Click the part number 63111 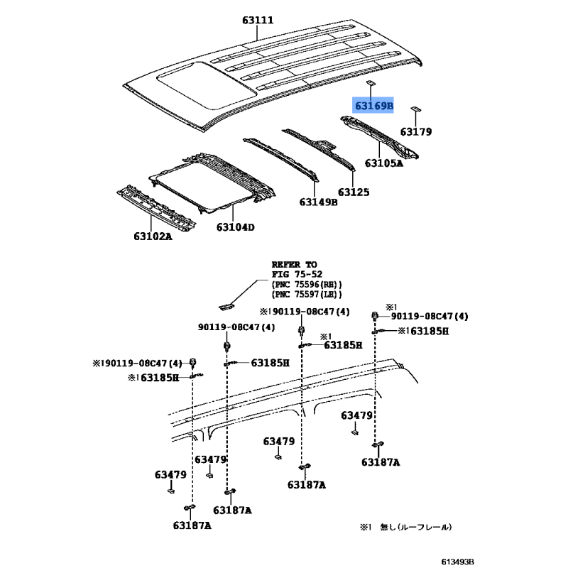258,21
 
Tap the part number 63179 415,131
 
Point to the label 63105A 383,163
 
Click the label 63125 354,192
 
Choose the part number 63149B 318,202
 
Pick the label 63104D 236,227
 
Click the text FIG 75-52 297,273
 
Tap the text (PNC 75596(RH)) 307,284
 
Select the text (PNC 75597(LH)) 307,294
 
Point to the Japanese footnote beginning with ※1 405,528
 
